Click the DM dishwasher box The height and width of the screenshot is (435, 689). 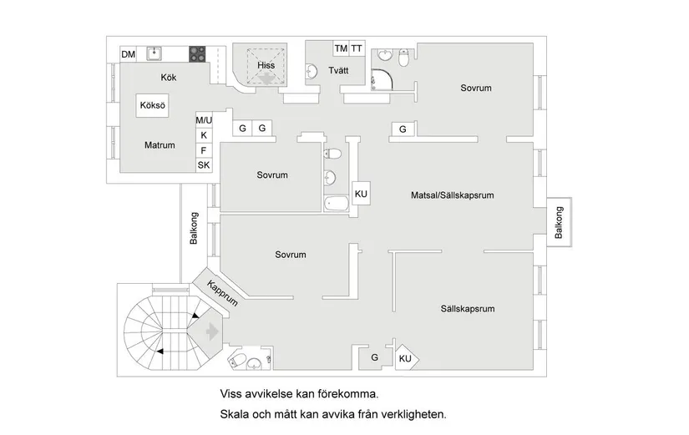pos(128,55)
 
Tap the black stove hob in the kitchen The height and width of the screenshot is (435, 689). pos(197,54)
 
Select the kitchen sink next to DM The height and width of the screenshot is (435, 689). pos(154,54)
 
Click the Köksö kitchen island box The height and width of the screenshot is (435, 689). pos(154,106)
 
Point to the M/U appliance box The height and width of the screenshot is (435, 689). pos(204,120)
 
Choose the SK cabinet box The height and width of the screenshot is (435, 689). pos(204,165)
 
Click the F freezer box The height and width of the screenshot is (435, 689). pos(204,150)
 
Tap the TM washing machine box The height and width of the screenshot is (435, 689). pos(341,48)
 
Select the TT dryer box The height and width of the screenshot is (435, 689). pos(357,48)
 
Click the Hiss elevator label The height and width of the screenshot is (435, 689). pos(266,64)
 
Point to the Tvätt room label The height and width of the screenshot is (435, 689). pos(338,70)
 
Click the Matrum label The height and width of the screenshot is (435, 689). pos(160,145)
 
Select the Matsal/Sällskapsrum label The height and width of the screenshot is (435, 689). pos(453,195)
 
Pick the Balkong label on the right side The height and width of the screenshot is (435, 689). pos(559,223)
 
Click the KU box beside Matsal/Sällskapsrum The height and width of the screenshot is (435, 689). pos(361,194)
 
